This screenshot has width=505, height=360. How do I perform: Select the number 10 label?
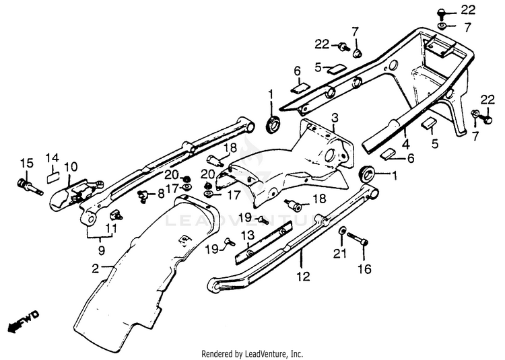pos(71,166)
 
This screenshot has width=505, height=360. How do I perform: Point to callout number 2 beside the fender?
pos(96,267)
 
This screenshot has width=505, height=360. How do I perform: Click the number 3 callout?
pos(335,118)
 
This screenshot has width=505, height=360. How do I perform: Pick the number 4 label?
pos(405,143)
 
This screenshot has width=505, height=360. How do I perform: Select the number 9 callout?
pos(101,250)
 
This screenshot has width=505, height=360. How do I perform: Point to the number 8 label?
pos(160,194)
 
